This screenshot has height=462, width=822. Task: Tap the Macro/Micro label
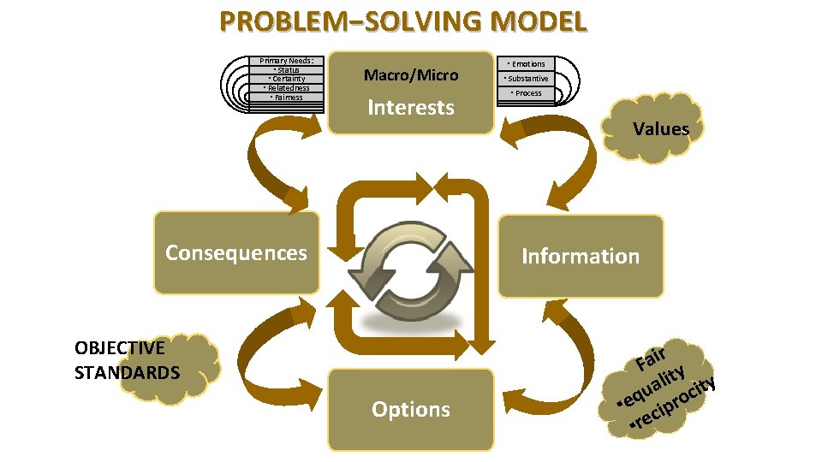[x=411, y=75]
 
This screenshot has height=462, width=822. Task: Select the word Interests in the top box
[x=411, y=108]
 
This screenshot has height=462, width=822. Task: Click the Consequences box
[x=236, y=253]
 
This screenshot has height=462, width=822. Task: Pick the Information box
[x=581, y=257]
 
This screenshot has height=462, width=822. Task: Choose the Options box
[x=411, y=410]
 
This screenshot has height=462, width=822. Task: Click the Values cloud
[x=660, y=129]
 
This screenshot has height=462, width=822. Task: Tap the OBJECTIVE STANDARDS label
[x=128, y=360]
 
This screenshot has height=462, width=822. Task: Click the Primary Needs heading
[x=287, y=61]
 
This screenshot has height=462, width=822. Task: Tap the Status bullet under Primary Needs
[x=287, y=69]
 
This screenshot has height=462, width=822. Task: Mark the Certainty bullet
[x=287, y=79]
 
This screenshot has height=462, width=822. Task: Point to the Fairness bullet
[x=287, y=98]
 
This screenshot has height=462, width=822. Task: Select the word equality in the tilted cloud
[x=654, y=385]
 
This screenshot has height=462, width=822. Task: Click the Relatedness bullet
[x=287, y=88]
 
